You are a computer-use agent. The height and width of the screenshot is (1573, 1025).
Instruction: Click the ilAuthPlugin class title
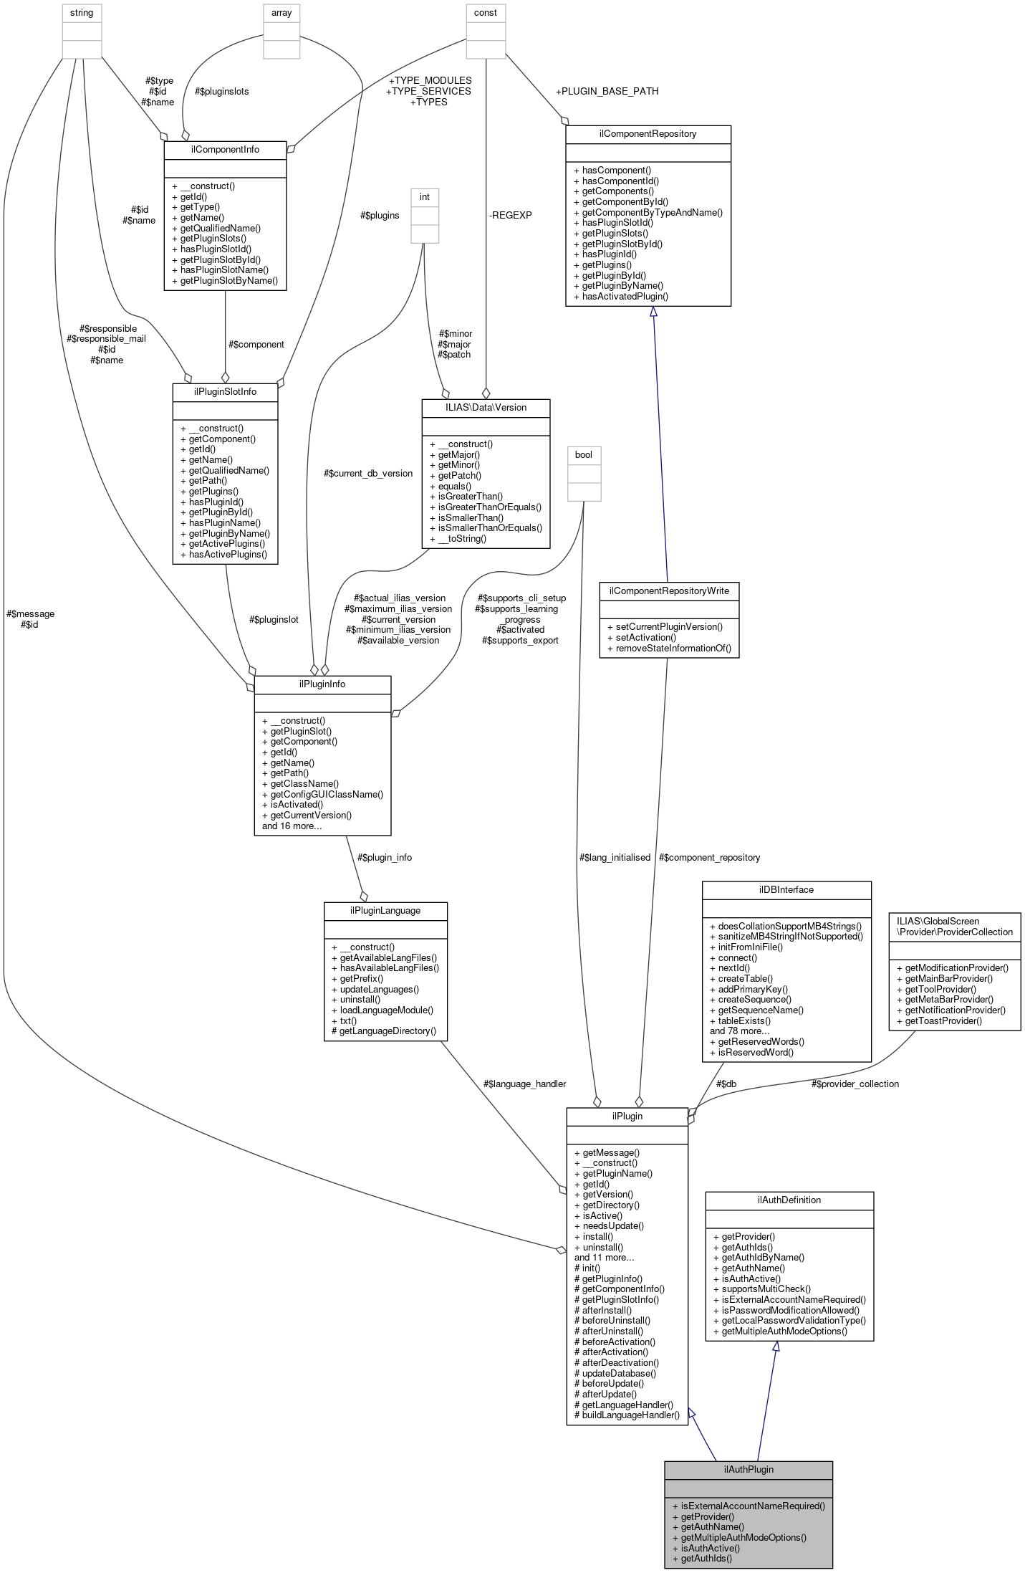pyautogui.click(x=748, y=1469)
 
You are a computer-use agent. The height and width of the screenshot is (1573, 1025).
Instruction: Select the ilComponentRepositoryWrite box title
pyautogui.click(x=668, y=591)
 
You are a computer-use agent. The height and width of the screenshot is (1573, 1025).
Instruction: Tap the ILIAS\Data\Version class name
pyautogui.click(x=486, y=407)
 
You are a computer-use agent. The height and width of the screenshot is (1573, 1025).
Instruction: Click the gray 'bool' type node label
pyautogui.click(x=584, y=454)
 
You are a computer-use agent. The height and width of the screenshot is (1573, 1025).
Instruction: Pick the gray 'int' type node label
pyautogui.click(x=424, y=196)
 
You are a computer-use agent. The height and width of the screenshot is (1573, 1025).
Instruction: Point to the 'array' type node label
pyautogui.click(x=281, y=12)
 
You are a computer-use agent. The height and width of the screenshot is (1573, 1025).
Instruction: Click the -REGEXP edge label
pyautogui.click(x=511, y=214)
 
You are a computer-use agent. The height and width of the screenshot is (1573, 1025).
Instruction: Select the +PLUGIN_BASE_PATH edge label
pyautogui.click(x=607, y=91)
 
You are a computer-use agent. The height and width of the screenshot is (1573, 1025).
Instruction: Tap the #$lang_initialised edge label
pyautogui.click(x=615, y=857)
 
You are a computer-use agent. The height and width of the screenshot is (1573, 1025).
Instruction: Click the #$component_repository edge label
pyautogui.click(x=709, y=857)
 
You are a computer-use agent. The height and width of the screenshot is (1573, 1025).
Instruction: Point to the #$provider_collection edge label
pyautogui.click(x=855, y=1084)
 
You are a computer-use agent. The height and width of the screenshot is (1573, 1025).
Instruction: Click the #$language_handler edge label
pyautogui.click(x=524, y=1084)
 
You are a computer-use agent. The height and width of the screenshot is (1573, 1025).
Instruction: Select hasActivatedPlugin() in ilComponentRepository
pyautogui.click(x=625, y=296)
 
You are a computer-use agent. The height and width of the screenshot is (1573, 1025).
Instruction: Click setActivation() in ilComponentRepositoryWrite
pyautogui.click(x=645, y=637)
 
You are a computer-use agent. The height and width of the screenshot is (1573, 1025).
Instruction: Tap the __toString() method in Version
pyautogui.click(x=462, y=538)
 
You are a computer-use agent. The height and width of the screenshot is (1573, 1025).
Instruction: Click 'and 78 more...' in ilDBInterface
pyautogui.click(x=739, y=1031)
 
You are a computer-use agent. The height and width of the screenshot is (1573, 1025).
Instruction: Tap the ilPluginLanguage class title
pyautogui.click(x=385, y=910)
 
